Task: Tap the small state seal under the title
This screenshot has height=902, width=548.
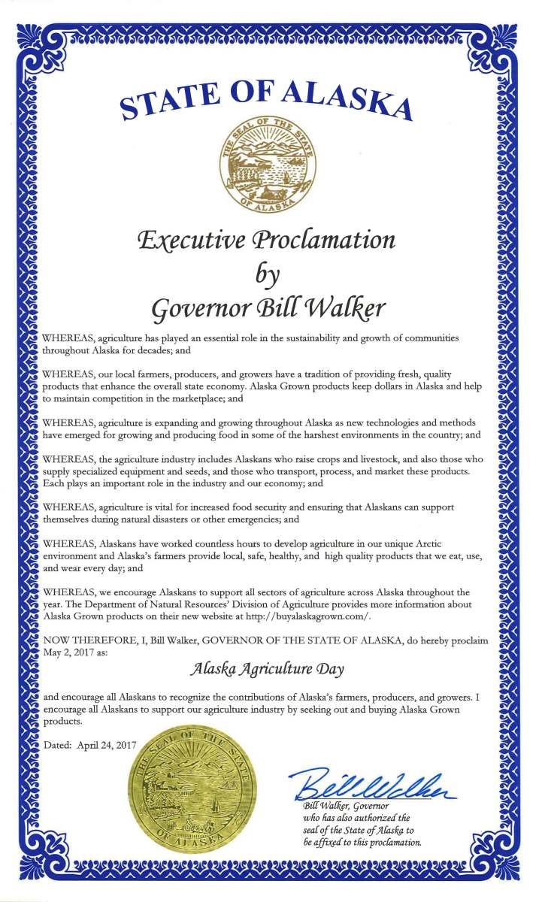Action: pos(268,164)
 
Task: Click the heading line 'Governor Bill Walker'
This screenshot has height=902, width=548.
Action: pos(268,307)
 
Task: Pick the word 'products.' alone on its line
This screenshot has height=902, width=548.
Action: pos(62,721)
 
